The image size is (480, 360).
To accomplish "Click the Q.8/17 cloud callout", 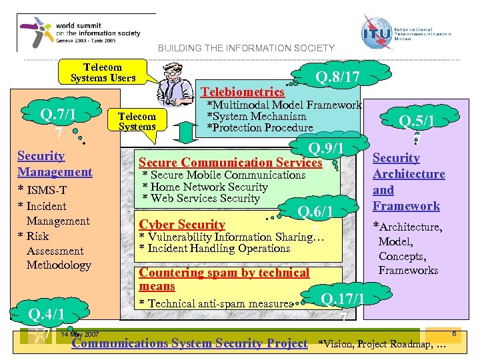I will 337,77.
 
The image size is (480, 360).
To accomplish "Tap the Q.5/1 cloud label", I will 416,121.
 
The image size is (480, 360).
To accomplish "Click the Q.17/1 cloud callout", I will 342,299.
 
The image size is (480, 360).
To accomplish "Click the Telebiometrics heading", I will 243,92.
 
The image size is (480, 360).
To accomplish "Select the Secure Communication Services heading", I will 230,162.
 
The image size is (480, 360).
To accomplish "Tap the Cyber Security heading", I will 181,225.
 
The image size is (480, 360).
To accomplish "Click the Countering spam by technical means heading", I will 224,279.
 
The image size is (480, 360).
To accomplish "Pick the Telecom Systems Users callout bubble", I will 103,72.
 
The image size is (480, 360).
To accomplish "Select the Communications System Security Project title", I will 189,343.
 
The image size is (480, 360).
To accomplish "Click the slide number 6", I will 454,333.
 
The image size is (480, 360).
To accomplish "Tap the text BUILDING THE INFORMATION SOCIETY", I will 246,48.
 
